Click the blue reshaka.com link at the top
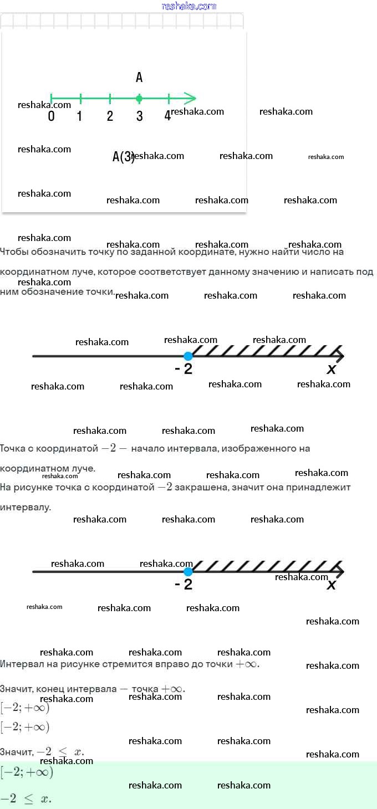tap(188, 6)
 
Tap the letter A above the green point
tap(139, 77)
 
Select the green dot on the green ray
tap(139, 99)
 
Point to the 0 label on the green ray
tap(51, 116)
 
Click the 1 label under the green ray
tap(80, 116)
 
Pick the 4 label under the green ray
tap(167, 116)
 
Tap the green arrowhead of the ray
tap(191, 99)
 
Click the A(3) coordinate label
tap(123, 157)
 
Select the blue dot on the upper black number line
tap(188, 356)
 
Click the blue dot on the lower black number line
tap(188, 571)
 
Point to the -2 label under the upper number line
tap(184, 369)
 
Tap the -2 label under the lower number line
tap(184, 585)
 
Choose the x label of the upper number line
tap(331, 370)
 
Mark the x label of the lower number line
tap(331, 585)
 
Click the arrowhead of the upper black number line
tap(340, 356)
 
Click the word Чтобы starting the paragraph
tap(13, 252)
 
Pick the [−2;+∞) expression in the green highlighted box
tap(27, 772)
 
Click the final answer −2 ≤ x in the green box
tap(26, 798)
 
